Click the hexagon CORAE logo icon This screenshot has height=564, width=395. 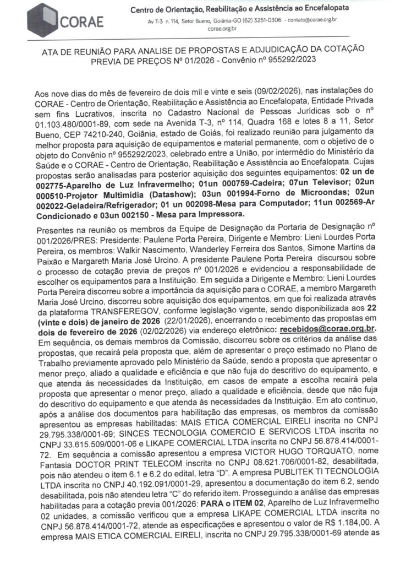point(45,18)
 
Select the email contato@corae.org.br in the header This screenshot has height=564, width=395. point(311,20)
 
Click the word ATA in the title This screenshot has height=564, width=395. point(52,50)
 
